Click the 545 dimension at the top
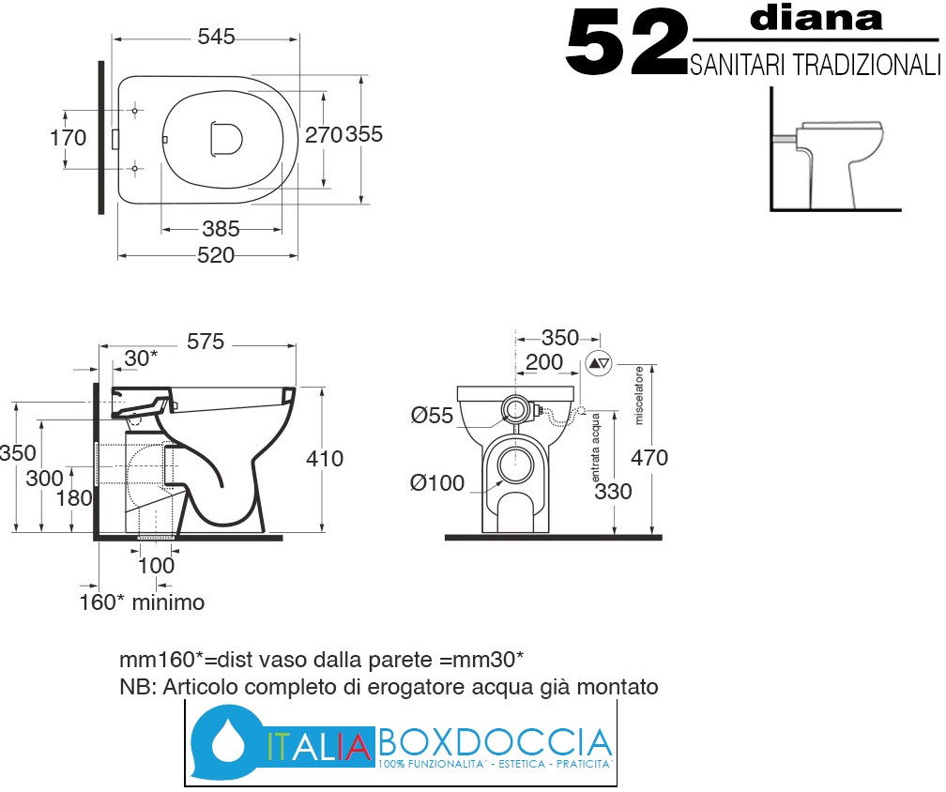coord(216,37)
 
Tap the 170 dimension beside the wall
coord(68,138)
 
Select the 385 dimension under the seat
coord(221,229)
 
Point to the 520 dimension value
coord(216,255)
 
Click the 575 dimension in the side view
coord(206,342)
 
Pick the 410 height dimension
coord(325,459)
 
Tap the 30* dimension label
coord(141,358)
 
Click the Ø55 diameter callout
coord(432,415)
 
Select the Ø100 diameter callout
coord(437,483)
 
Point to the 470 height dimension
coord(649,458)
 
